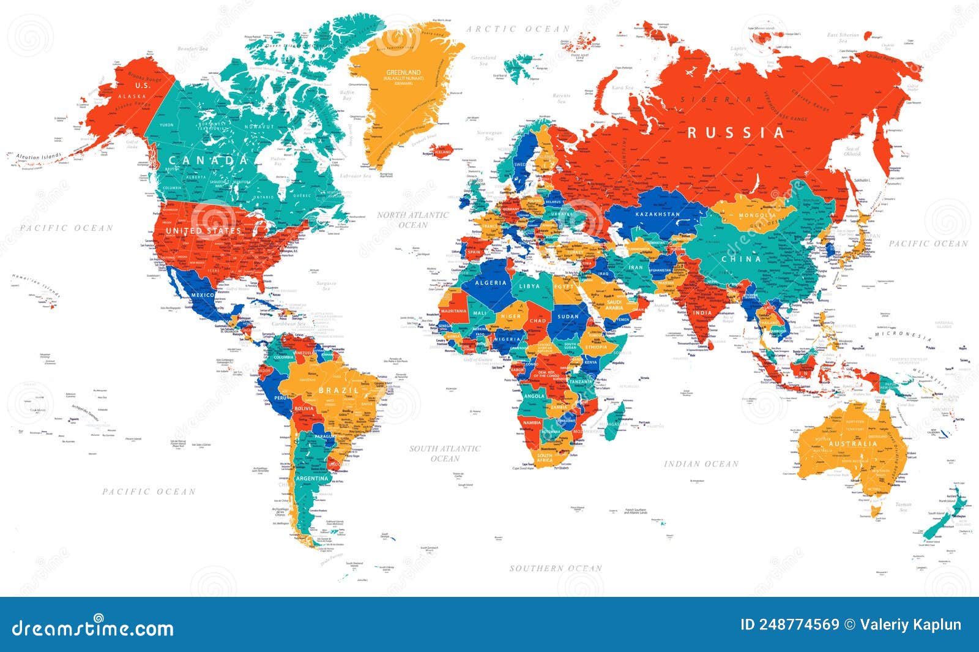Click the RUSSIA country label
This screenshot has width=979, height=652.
(x=735, y=132)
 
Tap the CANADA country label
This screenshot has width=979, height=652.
(x=209, y=160)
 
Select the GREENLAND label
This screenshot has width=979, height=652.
(x=403, y=72)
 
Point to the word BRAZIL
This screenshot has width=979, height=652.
(x=338, y=390)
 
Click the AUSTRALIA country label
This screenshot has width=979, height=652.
(x=853, y=443)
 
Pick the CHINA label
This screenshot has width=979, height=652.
(x=741, y=259)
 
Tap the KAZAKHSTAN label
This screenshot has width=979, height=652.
(x=657, y=214)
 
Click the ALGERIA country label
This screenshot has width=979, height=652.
(x=491, y=282)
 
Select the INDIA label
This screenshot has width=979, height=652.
(x=702, y=312)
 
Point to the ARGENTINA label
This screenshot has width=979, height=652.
(x=313, y=478)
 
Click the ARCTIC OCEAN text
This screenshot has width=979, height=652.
(x=518, y=29)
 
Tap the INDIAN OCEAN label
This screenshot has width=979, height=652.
(x=701, y=464)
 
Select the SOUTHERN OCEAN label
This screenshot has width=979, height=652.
(x=556, y=568)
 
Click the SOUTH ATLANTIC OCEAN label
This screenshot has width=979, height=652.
(x=445, y=453)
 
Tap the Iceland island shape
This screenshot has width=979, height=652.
(x=441, y=151)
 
